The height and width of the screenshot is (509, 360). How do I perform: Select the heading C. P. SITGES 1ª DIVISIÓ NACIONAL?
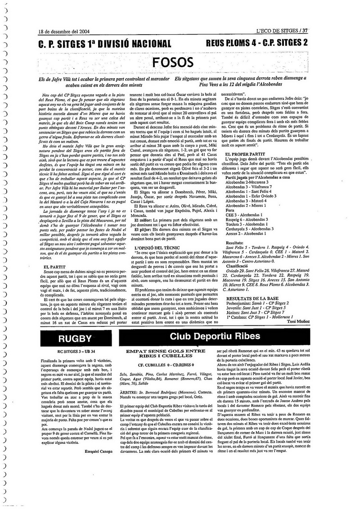105,44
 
